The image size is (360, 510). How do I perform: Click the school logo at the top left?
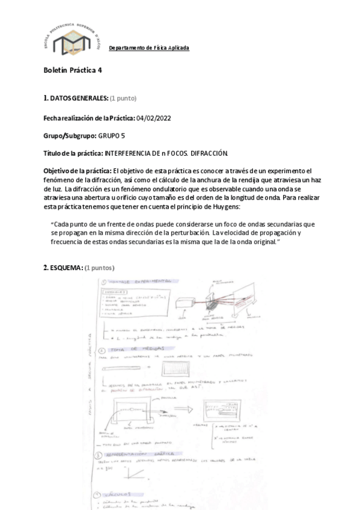point(71,41)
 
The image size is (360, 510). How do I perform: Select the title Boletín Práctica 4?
point(73,70)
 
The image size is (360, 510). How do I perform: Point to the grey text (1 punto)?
point(123,97)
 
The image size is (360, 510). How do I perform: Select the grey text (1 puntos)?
point(99,267)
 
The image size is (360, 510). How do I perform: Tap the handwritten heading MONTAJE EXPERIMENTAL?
point(139,281)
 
